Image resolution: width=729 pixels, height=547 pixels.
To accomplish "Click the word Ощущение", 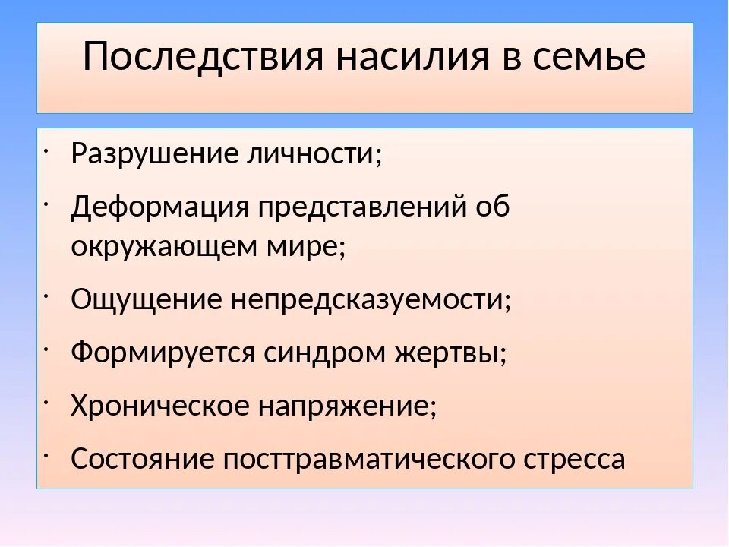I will point(140,299).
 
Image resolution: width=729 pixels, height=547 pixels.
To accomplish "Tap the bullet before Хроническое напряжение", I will point(48,397).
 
